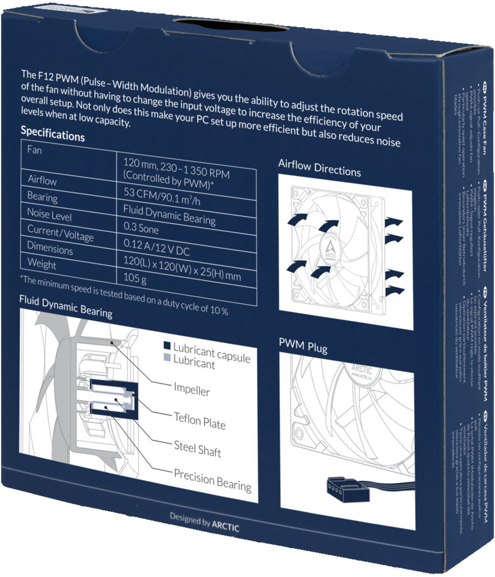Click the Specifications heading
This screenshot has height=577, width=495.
pyautogui.click(x=53, y=134)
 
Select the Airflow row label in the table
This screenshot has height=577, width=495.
pyautogui.click(x=42, y=180)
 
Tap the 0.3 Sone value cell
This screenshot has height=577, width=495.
pyautogui.click(x=141, y=228)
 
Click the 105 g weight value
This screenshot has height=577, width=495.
pyautogui.click(x=135, y=278)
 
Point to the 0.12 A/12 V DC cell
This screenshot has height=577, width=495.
pyautogui.click(x=156, y=247)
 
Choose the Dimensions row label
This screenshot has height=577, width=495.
pyautogui.click(x=50, y=248)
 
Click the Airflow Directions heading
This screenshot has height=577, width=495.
pyautogui.click(x=319, y=168)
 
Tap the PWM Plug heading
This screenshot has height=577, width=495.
pyautogui.click(x=303, y=346)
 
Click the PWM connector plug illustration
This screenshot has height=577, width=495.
pyautogui.click(x=346, y=487)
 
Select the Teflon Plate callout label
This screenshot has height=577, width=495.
pyautogui.click(x=199, y=420)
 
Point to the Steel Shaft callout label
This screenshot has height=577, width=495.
pyautogui.click(x=197, y=448)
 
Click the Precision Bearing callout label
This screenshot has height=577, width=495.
pyautogui.click(x=212, y=481)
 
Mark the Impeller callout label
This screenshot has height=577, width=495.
pyautogui.click(x=192, y=389)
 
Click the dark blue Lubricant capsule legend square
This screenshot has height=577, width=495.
pyautogui.click(x=167, y=346)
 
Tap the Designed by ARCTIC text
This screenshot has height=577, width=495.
pyautogui.click(x=204, y=522)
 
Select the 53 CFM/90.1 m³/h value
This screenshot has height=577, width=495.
pyautogui.click(x=161, y=196)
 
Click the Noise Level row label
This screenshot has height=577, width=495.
pyautogui.click(x=49, y=214)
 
